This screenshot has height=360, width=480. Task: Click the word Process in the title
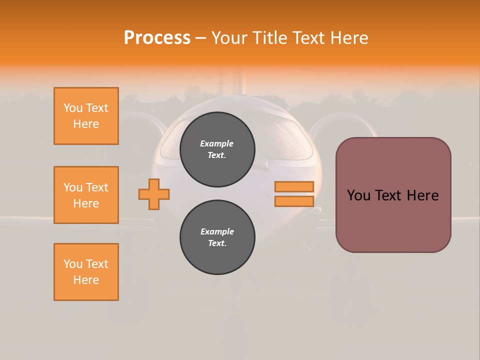coord(157,38)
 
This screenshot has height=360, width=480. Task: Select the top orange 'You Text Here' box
coord(86,116)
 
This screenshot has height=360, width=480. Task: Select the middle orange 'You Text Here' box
coord(86,195)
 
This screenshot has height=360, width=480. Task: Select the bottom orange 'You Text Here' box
coord(86,272)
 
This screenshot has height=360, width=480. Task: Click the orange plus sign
coord(154,194)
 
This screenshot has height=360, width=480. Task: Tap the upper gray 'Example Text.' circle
coord(217,149)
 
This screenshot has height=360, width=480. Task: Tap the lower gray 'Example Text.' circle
coord(217,237)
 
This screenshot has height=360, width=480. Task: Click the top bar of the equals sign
coord(294,187)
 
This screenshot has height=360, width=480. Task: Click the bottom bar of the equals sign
coord(294,201)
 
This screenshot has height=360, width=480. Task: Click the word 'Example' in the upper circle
coord(217,144)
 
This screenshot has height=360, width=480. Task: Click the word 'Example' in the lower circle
coord(217,232)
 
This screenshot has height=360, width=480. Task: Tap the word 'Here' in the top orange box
coord(86,124)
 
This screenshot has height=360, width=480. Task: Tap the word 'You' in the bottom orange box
coord(72,264)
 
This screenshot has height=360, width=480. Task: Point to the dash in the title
coord(200,38)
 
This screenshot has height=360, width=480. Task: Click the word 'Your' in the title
coord(228,38)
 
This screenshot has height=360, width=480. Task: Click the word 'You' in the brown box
coord(359,195)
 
